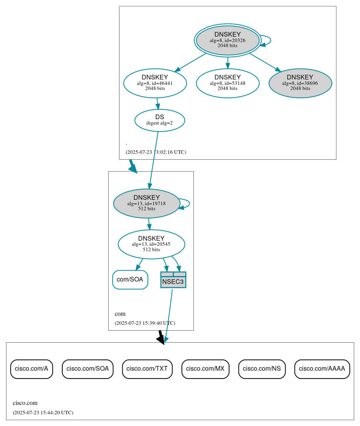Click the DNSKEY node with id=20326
(x=228, y=40)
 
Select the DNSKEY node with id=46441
(x=155, y=83)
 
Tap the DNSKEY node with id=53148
(x=228, y=83)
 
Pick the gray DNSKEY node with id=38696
(x=300, y=83)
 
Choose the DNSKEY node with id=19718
(x=146, y=203)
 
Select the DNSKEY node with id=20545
(x=151, y=244)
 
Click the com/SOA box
(x=130, y=280)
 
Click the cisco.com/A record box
(x=31, y=369)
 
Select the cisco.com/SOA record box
(x=88, y=369)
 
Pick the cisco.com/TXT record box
(x=147, y=369)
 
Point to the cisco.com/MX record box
(x=205, y=369)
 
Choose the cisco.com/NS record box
(x=262, y=369)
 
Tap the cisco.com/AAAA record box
(x=322, y=369)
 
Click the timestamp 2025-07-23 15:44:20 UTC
(x=43, y=413)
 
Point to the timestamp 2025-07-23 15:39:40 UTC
(x=145, y=323)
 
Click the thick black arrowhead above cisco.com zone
(x=161, y=340)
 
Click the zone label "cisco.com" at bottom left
(x=25, y=403)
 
